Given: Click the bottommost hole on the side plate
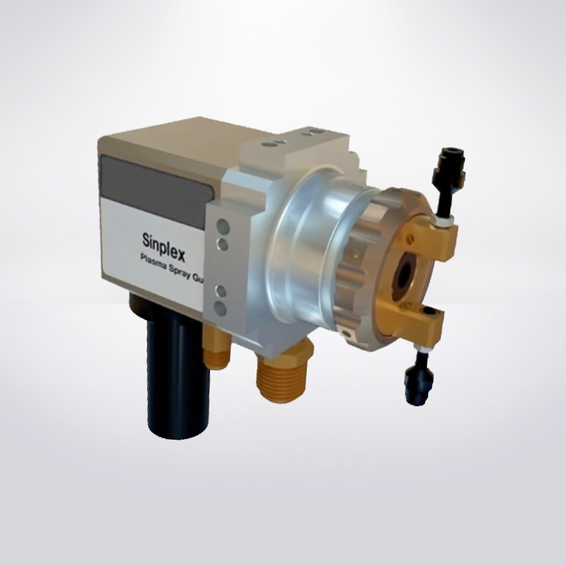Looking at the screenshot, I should [x=221, y=308].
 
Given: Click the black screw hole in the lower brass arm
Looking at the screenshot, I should [x=427, y=312].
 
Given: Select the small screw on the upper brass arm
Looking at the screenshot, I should [x=410, y=239].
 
